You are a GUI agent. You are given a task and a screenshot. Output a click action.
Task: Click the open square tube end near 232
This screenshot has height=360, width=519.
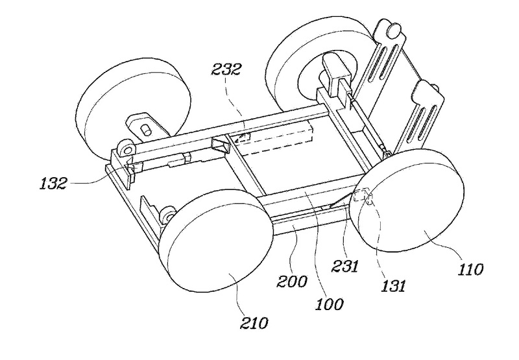point(219,146)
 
